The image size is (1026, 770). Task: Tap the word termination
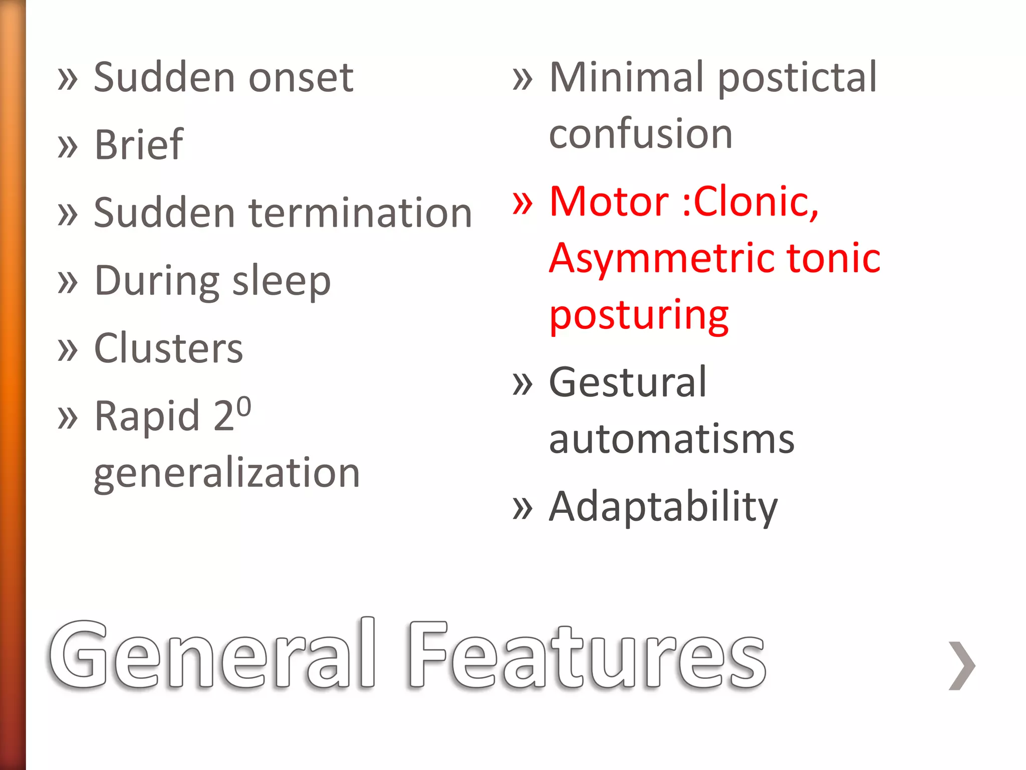click(x=360, y=213)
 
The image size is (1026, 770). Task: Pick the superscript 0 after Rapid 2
click(x=243, y=407)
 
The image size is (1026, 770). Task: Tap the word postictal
click(x=798, y=78)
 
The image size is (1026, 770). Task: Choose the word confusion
click(x=641, y=134)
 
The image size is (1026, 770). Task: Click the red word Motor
click(x=609, y=202)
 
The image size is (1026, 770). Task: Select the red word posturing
click(x=639, y=316)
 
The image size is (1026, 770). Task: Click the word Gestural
click(x=628, y=382)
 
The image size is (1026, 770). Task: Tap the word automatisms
click(x=672, y=440)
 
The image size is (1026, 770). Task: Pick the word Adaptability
click(x=663, y=507)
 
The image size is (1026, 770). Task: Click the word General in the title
click(x=212, y=655)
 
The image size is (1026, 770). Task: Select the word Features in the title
click(x=587, y=655)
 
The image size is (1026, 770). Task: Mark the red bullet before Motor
click(x=523, y=203)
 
